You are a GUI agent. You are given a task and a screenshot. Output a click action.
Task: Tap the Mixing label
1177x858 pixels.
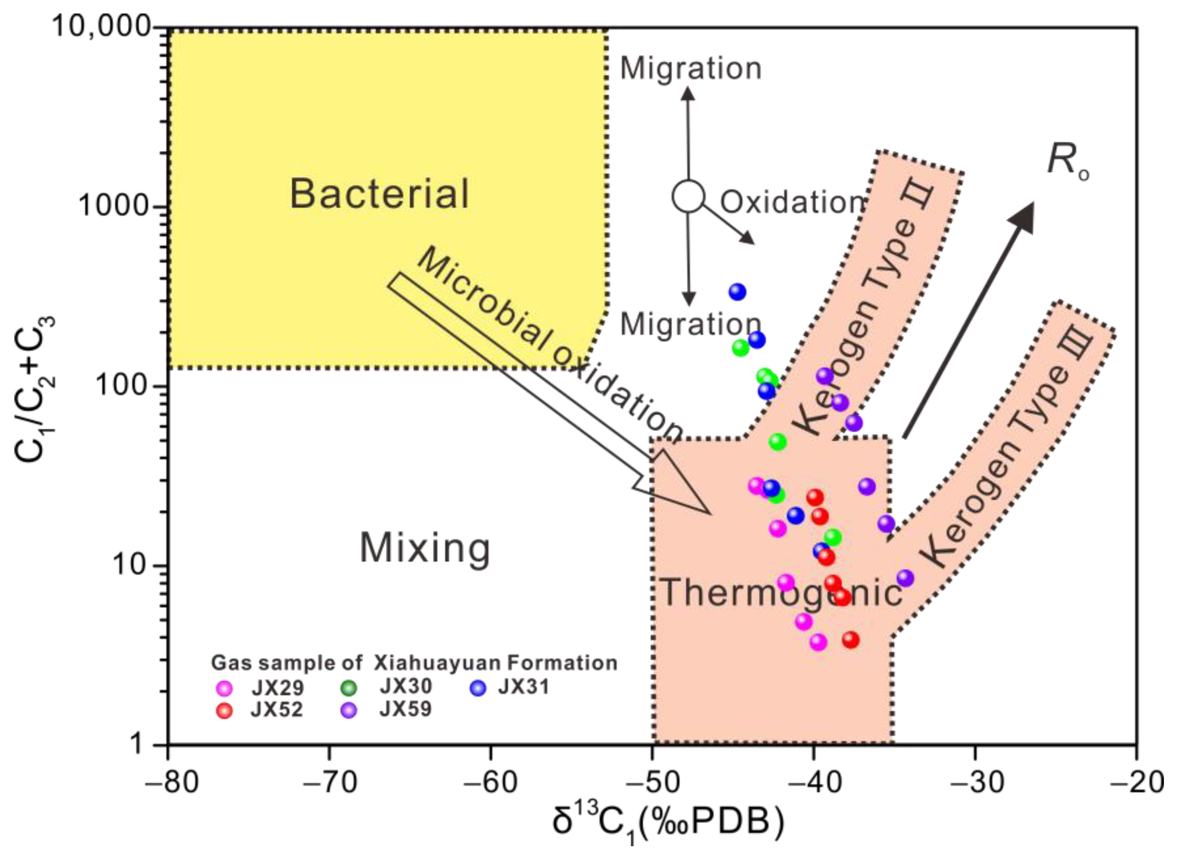click(x=425, y=548)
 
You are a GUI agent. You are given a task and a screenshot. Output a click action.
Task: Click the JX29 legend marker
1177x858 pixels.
click(x=224, y=689)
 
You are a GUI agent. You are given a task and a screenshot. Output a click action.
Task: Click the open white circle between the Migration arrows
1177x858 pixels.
click(x=688, y=196)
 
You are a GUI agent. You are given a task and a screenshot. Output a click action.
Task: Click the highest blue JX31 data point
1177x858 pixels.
click(x=737, y=292)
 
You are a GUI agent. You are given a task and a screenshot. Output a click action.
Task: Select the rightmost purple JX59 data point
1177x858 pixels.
click(x=905, y=578)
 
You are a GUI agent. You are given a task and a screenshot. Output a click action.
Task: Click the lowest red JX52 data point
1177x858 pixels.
click(x=850, y=640)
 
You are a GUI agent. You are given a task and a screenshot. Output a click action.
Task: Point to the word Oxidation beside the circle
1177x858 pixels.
click(x=792, y=202)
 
